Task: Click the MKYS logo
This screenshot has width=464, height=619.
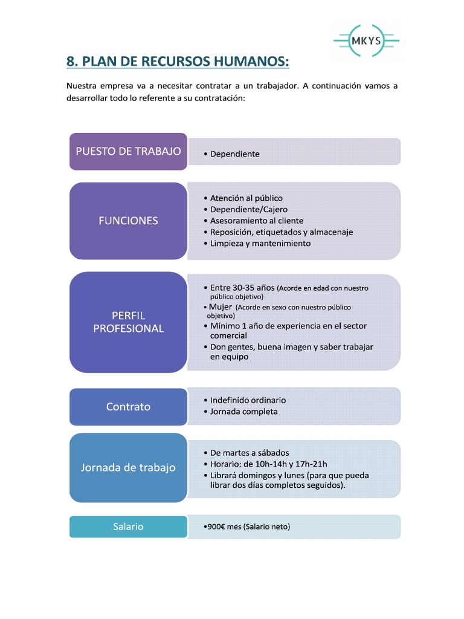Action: coord(366,41)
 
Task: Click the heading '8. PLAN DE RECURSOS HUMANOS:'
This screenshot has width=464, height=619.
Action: coord(178,62)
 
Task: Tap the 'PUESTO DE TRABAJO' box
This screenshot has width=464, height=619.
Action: coord(128,151)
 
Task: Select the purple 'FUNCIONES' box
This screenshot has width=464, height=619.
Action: coord(128,221)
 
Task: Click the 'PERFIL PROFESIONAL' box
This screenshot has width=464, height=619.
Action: coord(128,322)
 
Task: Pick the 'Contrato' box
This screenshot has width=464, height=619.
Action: coord(128,407)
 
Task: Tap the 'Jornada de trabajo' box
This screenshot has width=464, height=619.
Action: coord(128,467)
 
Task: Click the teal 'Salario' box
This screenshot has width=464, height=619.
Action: coord(128,527)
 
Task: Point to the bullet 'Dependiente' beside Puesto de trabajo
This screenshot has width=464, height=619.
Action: coord(235,154)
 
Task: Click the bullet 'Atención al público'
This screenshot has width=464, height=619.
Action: coord(246,198)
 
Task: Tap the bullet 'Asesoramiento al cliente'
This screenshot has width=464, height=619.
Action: coord(257,221)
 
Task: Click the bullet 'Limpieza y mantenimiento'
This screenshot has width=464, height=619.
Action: coord(260,244)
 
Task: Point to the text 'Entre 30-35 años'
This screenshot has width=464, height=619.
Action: coord(242,288)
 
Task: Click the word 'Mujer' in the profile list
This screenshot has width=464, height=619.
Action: coord(220,307)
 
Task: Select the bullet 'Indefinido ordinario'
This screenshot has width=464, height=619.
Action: coord(248,400)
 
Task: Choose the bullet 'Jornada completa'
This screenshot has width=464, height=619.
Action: coord(243,412)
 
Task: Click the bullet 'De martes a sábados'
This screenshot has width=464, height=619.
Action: coord(250,453)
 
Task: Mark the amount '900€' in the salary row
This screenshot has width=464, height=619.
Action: coord(216,527)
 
